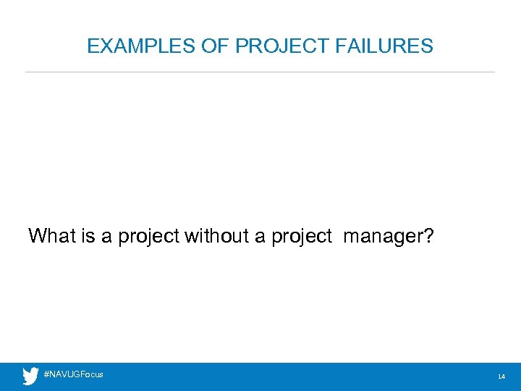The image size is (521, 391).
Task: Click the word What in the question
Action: tap(51, 235)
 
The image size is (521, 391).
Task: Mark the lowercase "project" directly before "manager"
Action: tap(302, 237)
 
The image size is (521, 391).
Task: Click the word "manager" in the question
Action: tap(382, 237)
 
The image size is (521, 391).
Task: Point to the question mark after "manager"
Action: tap(428, 235)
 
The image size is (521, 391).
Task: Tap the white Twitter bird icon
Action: tap(30, 377)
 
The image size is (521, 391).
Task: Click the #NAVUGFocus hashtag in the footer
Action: tap(74, 374)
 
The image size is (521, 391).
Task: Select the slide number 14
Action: tap(501, 377)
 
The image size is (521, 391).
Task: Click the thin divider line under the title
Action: tap(260, 72)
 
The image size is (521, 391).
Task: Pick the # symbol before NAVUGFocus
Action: tap(46, 374)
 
